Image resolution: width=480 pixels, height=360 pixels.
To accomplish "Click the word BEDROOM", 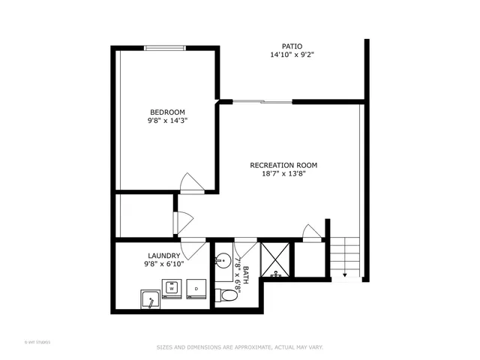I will tap(166, 112).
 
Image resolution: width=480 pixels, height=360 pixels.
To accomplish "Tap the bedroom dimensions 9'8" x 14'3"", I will tap(166, 120).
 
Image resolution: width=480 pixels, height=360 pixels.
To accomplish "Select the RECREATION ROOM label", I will tap(284, 165).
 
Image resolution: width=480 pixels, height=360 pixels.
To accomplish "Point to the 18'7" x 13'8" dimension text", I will tap(284, 173).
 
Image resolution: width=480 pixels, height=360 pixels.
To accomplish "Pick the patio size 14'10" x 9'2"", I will tap(292, 55).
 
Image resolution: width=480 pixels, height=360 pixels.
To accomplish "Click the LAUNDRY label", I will tap(163, 256).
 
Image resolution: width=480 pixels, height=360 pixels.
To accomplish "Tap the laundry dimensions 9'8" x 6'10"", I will tap(163, 264).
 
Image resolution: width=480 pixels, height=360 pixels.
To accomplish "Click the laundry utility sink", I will tap(150, 301).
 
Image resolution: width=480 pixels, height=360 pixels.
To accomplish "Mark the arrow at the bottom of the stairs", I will tap(345, 274).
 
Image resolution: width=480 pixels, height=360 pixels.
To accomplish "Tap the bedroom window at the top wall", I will tap(166, 49).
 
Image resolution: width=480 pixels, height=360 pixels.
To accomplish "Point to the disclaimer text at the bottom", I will tap(239, 346).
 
